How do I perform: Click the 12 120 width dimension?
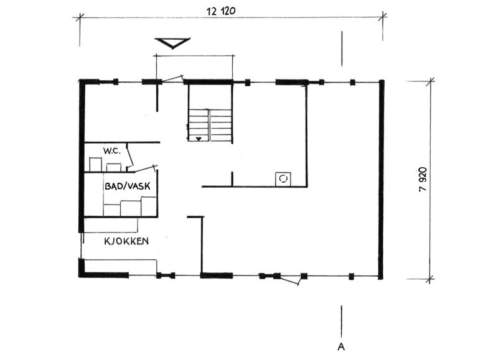tap(221, 11)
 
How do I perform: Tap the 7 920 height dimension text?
tap(423, 180)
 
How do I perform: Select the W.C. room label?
tap(112, 150)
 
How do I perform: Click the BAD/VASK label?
tap(128, 186)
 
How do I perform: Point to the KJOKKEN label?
tap(126, 241)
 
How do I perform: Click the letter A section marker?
tap(341, 346)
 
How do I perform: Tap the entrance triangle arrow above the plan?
tap(172, 43)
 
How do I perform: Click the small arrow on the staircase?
tap(199, 139)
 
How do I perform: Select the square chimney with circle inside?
tap(283, 179)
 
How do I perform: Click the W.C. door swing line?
tap(130, 156)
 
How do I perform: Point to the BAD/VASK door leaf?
tap(146, 168)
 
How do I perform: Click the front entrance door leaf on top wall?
tap(172, 78)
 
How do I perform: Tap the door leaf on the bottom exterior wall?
tap(289, 280)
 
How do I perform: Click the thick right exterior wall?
tap(381, 180)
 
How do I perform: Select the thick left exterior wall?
tap(81, 157)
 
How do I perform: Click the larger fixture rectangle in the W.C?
tap(95, 165)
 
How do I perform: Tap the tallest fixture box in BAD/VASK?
tap(149, 206)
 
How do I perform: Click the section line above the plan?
tap(342, 48)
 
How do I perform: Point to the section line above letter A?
tap(342, 321)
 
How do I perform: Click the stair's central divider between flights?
tap(209, 125)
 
